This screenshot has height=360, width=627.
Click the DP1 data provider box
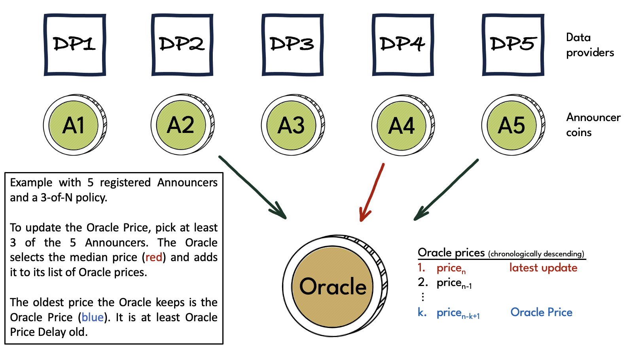pos(75,45)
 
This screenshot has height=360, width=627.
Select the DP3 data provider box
pos(292,45)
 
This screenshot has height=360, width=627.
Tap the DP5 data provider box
pos(513,45)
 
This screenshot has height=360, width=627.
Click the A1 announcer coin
pos(74,125)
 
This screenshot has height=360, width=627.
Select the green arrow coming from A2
pos(253,188)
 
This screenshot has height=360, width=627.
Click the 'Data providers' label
pos(589,45)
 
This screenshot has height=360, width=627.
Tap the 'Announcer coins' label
pos(593,125)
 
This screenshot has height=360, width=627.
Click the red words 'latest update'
pos(543,268)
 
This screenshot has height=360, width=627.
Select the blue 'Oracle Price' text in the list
pos(541,313)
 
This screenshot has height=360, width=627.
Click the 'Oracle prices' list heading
pos(451,252)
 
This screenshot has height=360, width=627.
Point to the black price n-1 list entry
pos(454,283)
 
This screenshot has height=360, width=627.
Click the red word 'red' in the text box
pos(154,258)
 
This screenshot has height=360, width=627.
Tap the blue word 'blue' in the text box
pos(93,317)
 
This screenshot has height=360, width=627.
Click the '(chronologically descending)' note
pos(536,254)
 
